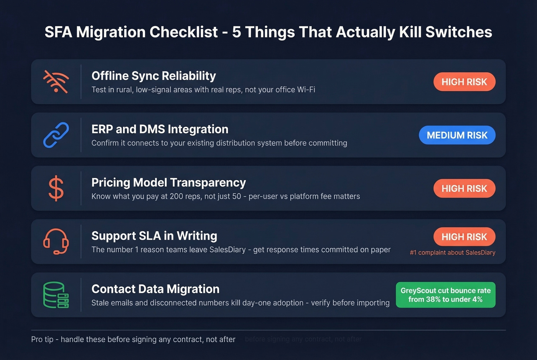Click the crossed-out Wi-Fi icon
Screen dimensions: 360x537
56,82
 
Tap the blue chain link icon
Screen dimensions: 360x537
56,135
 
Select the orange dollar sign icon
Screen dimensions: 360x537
56,188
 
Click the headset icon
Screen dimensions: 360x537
56,242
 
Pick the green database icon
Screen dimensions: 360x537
56,295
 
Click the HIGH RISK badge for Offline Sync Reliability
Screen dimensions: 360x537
464,82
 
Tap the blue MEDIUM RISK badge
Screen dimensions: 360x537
457,135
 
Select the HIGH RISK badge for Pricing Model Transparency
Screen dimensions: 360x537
464,188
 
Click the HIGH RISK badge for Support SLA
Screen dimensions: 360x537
464,237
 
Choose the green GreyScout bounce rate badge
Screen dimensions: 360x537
445,295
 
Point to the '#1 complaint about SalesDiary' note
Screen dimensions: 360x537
453,253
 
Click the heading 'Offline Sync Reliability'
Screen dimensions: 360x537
153,76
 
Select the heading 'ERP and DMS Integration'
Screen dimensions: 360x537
160,129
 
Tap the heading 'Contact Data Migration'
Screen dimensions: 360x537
155,289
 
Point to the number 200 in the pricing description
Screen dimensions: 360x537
176,196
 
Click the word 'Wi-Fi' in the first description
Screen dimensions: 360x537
306,90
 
